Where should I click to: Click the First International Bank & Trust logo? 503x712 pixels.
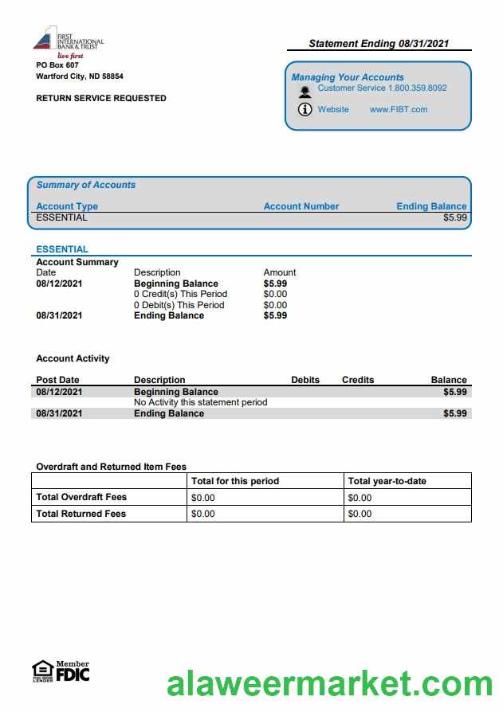(68, 41)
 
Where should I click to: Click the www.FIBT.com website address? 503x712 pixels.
(399, 110)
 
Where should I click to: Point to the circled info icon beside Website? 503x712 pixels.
(305, 110)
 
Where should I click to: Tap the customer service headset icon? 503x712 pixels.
(305, 91)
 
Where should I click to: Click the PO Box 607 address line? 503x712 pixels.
(57, 65)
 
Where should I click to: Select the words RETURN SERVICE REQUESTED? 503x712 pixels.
(101, 99)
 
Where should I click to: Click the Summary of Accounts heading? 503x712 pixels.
(86, 185)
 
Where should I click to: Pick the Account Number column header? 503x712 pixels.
(301, 206)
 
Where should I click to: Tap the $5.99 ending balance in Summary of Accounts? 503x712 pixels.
(455, 217)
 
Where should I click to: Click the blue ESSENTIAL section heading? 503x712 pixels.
(62, 249)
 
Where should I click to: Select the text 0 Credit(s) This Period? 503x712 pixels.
(180, 294)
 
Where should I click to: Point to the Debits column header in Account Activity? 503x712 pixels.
(305, 380)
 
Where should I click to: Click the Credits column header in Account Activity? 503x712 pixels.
(358, 380)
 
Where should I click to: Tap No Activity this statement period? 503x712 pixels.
(201, 402)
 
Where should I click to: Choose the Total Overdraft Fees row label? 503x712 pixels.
(81, 497)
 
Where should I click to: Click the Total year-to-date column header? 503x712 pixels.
(387, 481)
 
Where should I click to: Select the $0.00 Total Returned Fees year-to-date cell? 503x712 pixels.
(360, 514)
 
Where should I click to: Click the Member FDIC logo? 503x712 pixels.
(61, 671)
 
